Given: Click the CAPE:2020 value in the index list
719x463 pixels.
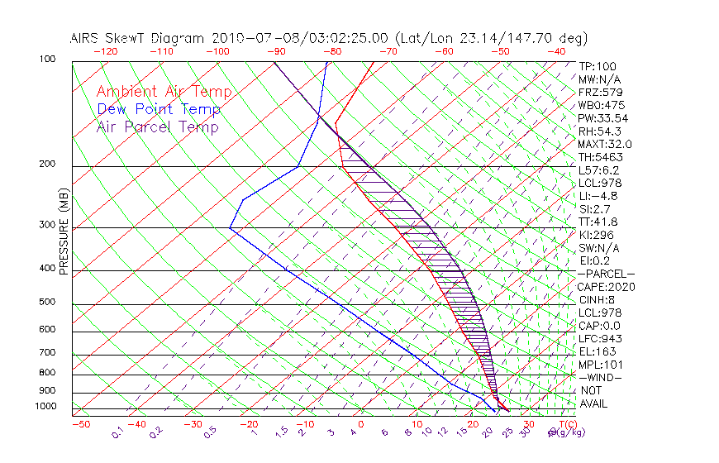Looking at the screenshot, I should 605,287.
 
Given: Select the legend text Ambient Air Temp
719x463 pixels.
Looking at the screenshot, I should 164,92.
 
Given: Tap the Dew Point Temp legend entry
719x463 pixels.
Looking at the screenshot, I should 159,109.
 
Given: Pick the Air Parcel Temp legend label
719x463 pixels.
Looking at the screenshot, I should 157,126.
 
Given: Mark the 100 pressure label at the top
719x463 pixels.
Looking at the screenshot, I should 47,60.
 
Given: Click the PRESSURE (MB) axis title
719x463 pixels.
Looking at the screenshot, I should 64,231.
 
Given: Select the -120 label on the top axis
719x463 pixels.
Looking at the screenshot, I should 106,51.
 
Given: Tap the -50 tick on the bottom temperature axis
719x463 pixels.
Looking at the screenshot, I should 80,424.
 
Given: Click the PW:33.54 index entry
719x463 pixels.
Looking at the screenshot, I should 602,118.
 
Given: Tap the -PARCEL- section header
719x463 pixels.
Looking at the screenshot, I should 606,274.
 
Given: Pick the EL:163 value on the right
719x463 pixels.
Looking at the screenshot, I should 596,351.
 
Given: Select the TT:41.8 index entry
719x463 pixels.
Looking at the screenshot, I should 598,222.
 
